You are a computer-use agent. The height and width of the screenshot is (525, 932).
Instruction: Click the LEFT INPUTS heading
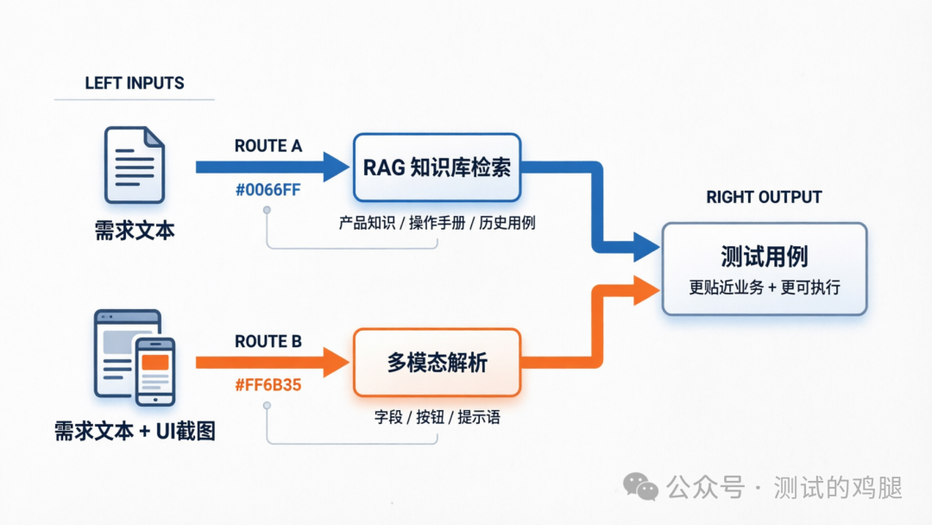pos(135,84)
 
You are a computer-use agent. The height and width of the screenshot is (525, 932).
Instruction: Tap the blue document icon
pos(135,164)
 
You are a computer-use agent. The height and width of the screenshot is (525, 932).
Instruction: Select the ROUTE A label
pos(268,146)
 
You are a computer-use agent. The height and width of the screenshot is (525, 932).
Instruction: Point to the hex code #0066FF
pos(268,190)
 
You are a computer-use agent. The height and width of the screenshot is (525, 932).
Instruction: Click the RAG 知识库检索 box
pos(437,167)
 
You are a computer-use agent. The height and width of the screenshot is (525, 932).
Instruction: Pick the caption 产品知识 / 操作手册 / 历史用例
pos(437,223)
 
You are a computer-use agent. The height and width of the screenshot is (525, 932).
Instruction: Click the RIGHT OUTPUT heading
pos(764,197)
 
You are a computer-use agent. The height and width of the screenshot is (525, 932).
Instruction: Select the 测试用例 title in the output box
pos(764,256)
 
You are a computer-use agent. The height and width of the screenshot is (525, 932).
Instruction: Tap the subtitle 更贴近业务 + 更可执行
pos(764,288)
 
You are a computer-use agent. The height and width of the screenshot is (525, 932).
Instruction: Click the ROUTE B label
pos(268,342)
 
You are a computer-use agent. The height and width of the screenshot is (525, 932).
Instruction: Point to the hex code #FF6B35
pos(268,385)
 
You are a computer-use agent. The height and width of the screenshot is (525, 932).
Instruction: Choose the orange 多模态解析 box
pos(437,363)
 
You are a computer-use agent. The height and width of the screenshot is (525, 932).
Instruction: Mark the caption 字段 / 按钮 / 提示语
pos(437,418)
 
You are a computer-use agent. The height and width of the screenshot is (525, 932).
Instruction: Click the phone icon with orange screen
pos(155,371)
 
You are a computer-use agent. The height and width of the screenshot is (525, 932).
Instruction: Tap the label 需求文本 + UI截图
pos(135,430)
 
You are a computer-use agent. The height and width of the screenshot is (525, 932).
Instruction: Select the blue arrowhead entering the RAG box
pos(335,167)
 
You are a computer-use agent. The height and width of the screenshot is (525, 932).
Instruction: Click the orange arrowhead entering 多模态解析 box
pos(335,362)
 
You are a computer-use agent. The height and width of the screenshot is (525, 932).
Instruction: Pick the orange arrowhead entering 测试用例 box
pos(645,290)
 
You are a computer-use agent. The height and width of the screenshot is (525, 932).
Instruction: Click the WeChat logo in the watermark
pos(640,487)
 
